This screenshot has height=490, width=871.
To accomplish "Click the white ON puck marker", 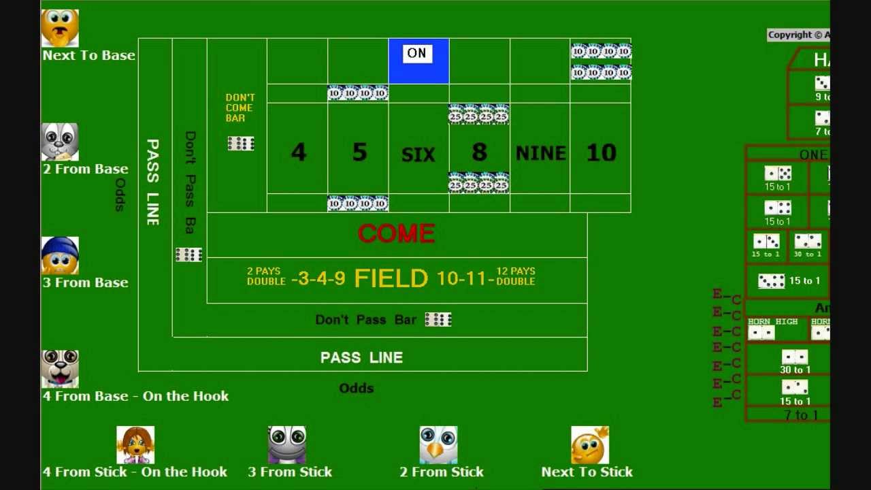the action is [417, 53].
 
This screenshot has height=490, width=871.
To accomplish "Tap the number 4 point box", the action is [298, 152].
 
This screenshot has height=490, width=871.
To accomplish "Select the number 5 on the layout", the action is [359, 152].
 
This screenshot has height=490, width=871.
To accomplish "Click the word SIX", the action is [418, 155].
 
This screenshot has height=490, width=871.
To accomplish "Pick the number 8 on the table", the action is [479, 152].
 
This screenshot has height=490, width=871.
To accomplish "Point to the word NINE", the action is [540, 153].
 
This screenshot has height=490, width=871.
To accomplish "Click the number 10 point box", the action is [601, 152].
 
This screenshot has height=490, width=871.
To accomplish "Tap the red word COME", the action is [396, 234].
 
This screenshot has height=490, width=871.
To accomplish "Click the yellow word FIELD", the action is [391, 278].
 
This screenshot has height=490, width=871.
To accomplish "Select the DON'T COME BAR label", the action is [240, 108].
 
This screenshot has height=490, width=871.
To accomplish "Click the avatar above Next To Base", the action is [60, 28].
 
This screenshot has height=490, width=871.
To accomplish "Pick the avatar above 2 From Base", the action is [60, 142].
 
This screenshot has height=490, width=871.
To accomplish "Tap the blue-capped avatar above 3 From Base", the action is [60, 255].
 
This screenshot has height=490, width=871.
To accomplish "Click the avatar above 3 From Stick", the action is [287, 445].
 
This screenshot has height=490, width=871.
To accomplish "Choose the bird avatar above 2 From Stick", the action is [438, 445].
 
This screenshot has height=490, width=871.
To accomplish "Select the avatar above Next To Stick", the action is [590, 445].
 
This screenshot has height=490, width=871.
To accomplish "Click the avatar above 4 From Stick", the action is [135, 445].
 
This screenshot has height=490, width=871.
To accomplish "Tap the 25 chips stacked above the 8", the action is [479, 114].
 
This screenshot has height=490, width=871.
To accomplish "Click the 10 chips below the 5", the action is [358, 203].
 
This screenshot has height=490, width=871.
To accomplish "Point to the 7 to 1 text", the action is [802, 415].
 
